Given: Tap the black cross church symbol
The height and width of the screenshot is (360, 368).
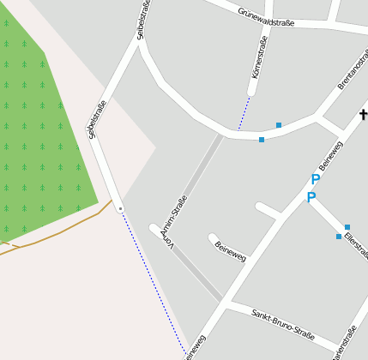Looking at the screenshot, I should [364, 115].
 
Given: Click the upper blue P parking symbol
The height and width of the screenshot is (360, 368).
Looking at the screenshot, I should [315, 180].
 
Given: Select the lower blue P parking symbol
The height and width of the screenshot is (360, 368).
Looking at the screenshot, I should [311, 198].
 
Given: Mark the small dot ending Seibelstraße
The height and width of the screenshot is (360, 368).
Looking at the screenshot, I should [120, 208].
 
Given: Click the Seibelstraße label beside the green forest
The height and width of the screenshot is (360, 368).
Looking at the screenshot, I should [95, 118].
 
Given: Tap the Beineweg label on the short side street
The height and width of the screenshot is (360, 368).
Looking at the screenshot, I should [230, 249].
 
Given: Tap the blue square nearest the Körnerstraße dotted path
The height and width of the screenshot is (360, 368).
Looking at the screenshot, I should [262, 139].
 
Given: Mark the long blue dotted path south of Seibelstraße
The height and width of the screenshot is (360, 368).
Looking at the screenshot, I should [154, 283].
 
